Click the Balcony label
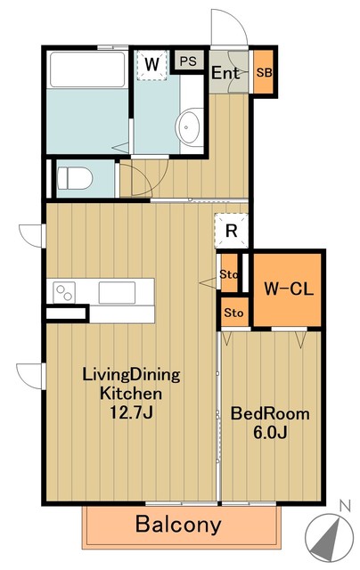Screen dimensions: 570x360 [x=178, y=525]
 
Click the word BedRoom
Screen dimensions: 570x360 [x=270, y=413]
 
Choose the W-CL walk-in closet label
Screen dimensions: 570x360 [x=286, y=288]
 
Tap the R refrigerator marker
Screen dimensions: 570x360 [x=231, y=231]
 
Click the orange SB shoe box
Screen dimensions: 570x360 [x=264, y=73]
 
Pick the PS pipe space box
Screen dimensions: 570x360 [x=187, y=61]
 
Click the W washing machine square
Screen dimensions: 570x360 [x=152, y=64]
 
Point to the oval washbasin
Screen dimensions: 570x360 [x=189, y=125]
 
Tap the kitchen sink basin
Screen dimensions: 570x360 [x=117, y=292]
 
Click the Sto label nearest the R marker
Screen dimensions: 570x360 [x=229, y=275]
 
